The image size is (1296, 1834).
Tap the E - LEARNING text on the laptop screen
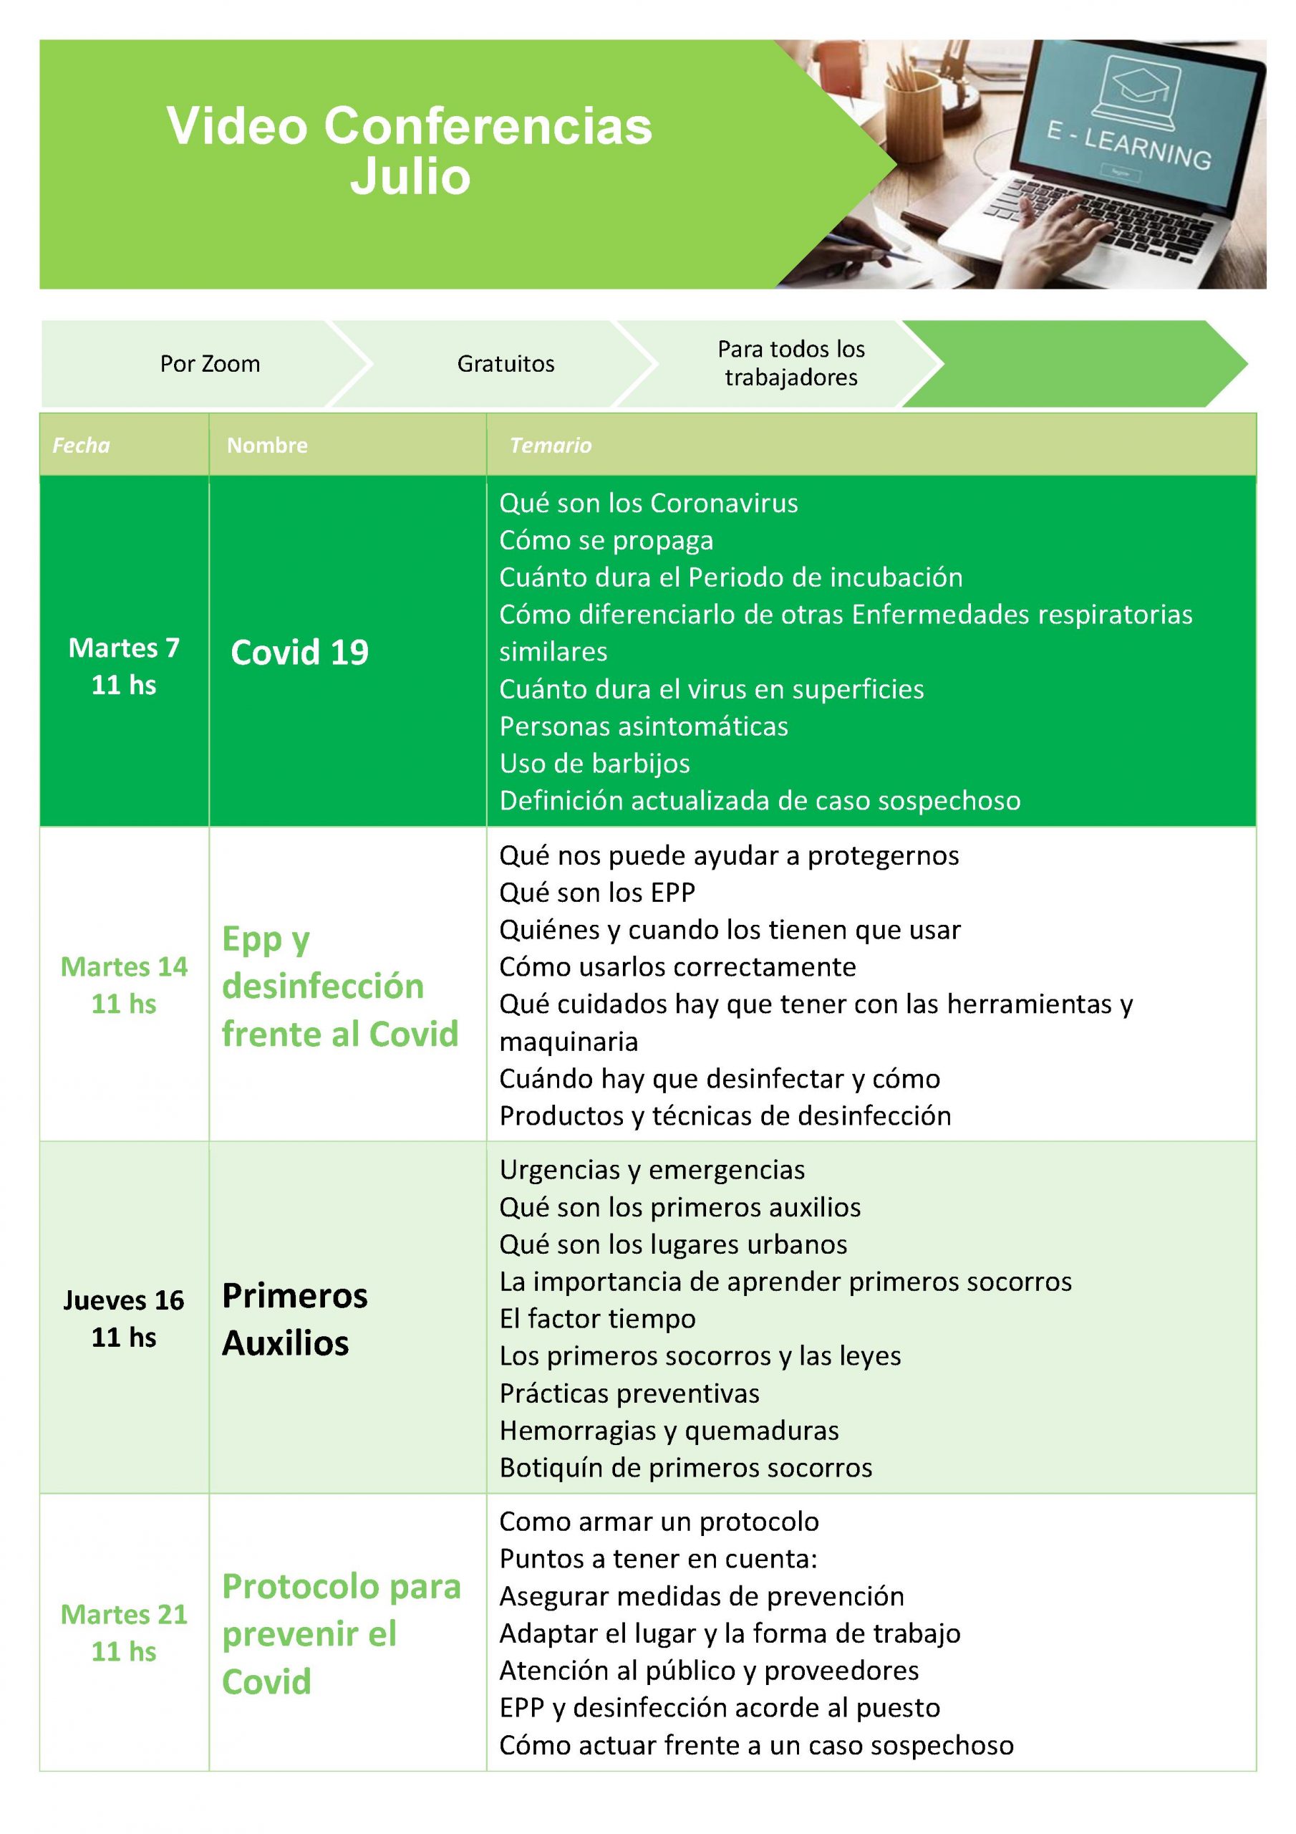1128,146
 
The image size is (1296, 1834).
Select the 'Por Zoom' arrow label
210,364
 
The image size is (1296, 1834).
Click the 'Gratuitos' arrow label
506,364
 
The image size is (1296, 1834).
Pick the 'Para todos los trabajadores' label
790,363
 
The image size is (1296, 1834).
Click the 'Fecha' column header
82,446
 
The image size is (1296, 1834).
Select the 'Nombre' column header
266,446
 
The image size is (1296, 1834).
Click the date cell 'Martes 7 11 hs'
124,666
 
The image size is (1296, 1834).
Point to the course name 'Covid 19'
299,653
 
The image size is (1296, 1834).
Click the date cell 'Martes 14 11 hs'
124,985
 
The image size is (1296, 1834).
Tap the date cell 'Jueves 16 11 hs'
124,1319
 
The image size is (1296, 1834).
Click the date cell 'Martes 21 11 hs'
124,1633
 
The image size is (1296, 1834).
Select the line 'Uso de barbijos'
594,764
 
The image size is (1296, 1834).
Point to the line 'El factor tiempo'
597,1319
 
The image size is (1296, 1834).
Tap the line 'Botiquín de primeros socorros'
685,1467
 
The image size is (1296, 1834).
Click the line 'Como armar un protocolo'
659,1522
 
